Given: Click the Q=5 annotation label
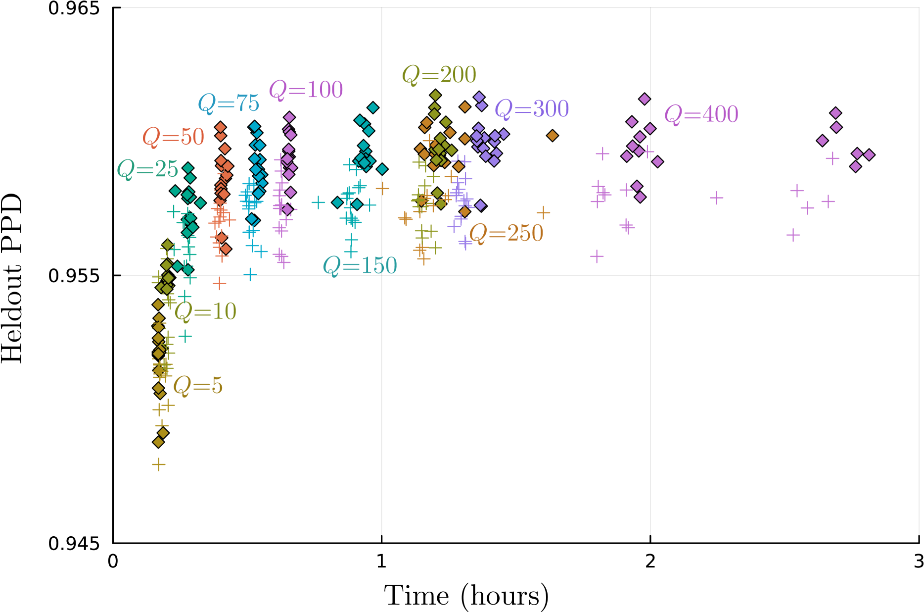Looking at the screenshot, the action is point(198,385).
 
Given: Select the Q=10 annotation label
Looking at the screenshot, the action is point(205,311).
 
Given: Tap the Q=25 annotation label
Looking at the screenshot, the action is point(147,169).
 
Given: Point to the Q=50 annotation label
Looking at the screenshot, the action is point(173,137).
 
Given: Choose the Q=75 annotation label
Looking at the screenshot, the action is point(229,103).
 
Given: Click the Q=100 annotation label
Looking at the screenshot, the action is point(306,90).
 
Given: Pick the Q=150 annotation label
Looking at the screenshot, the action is point(360,266).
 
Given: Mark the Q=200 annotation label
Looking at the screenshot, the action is point(439,75).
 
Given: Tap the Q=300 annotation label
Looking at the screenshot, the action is point(532,109).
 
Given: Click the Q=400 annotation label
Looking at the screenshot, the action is point(701,114).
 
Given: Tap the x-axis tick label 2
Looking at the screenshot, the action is point(650,562).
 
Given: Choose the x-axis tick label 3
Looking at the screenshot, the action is point(919,562).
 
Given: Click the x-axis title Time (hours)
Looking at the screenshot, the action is point(466,596).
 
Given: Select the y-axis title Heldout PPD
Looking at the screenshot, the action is point(12,278).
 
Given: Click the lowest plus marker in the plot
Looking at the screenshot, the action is point(158,464).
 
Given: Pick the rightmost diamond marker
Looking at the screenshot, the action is point(869,155).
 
